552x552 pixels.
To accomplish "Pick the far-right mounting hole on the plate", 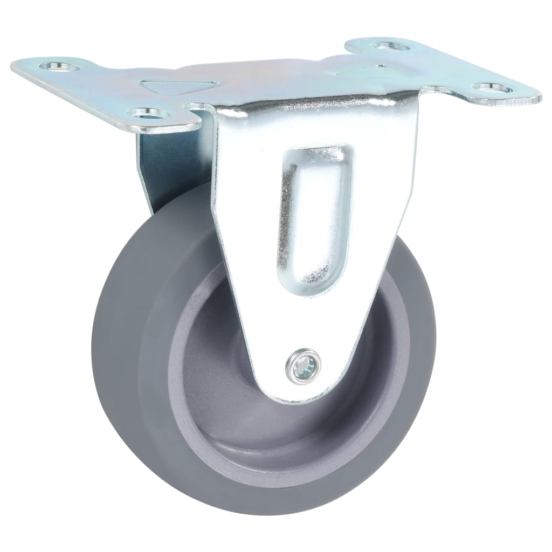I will tap(490, 88).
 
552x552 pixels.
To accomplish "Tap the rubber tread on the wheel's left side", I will tap(116, 345).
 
